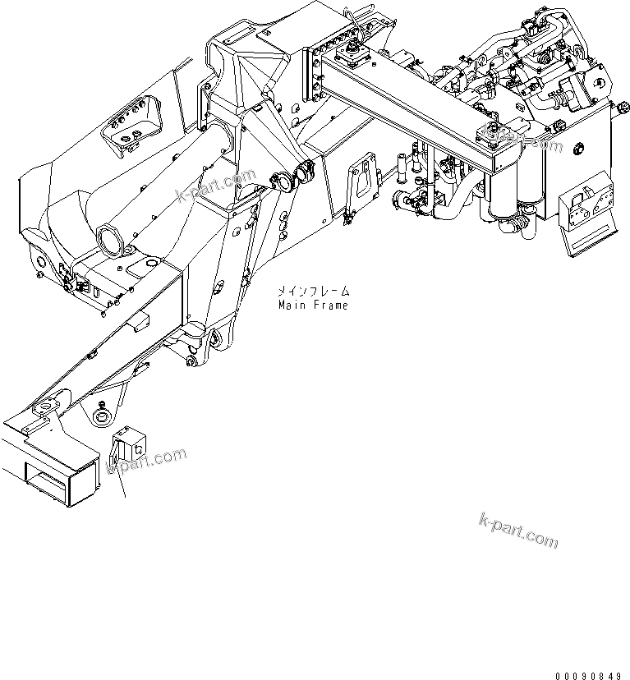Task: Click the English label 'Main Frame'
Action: click(x=312, y=306)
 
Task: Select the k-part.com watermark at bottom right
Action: click(x=517, y=531)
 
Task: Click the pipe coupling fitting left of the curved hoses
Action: click(x=405, y=200)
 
